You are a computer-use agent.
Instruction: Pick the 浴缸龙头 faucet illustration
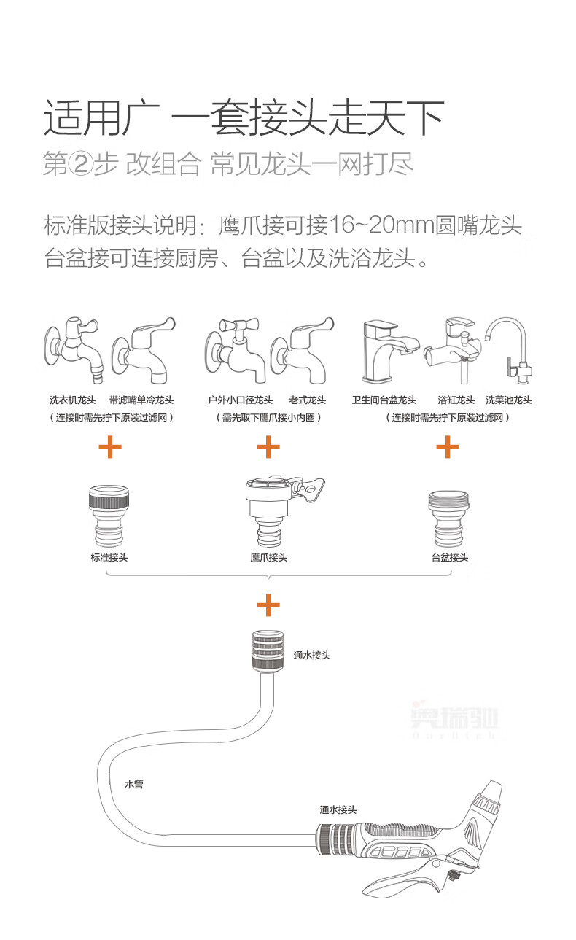pos(456,350)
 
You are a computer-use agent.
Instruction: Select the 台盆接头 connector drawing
pos(448,518)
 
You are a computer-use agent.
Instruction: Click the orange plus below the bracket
pos(268,605)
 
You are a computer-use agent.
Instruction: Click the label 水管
pos(134,784)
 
